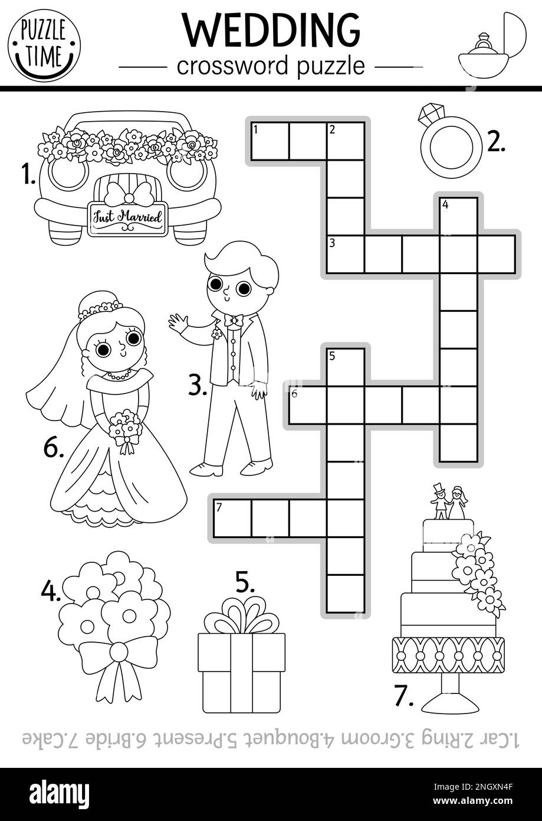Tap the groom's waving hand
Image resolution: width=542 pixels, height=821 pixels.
pyautogui.click(x=178, y=324)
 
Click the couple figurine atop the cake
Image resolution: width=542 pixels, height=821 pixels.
pyautogui.click(x=448, y=502)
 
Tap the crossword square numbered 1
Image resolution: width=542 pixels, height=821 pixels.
pyautogui.click(x=270, y=141)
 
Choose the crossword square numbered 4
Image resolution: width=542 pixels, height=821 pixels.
pyautogui.click(x=458, y=216)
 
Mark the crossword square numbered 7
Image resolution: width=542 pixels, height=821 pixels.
pyautogui.click(x=232, y=518)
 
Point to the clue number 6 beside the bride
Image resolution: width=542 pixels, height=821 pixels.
pyautogui.click(x=53, y=449)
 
